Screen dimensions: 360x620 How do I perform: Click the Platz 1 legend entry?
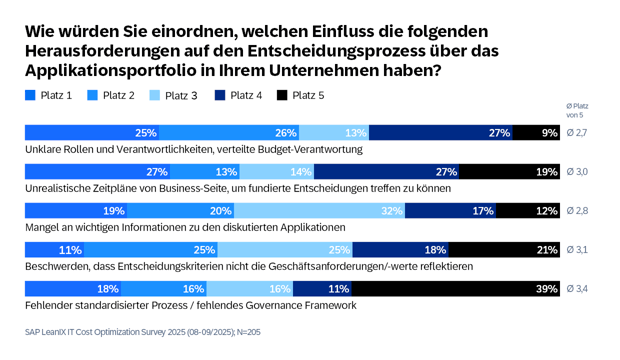50,96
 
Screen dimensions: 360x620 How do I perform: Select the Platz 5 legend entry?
300,96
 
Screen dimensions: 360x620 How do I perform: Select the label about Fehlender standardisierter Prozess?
189,305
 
